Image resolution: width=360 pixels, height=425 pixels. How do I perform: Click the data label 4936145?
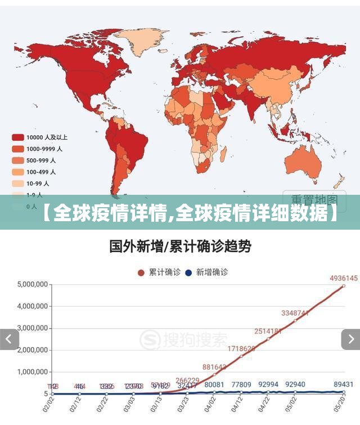click(x=344, y=278)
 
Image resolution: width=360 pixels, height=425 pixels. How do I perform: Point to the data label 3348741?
click(x=295, y=313)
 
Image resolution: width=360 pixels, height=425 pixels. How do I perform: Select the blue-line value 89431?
click(x=345, y=384)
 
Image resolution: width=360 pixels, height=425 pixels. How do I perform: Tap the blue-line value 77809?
click(x=240, y=385)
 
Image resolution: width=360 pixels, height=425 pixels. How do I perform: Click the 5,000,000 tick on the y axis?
click(x=33, y=284)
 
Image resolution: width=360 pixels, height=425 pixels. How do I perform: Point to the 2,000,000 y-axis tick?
click(x=33, y=350)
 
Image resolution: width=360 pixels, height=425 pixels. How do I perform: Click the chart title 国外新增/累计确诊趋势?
click(x=179, y=246)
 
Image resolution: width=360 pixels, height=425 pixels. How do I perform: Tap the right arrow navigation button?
click(x=350, y=339)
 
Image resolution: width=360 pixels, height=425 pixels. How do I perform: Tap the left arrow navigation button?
click(x=9, y=339)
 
